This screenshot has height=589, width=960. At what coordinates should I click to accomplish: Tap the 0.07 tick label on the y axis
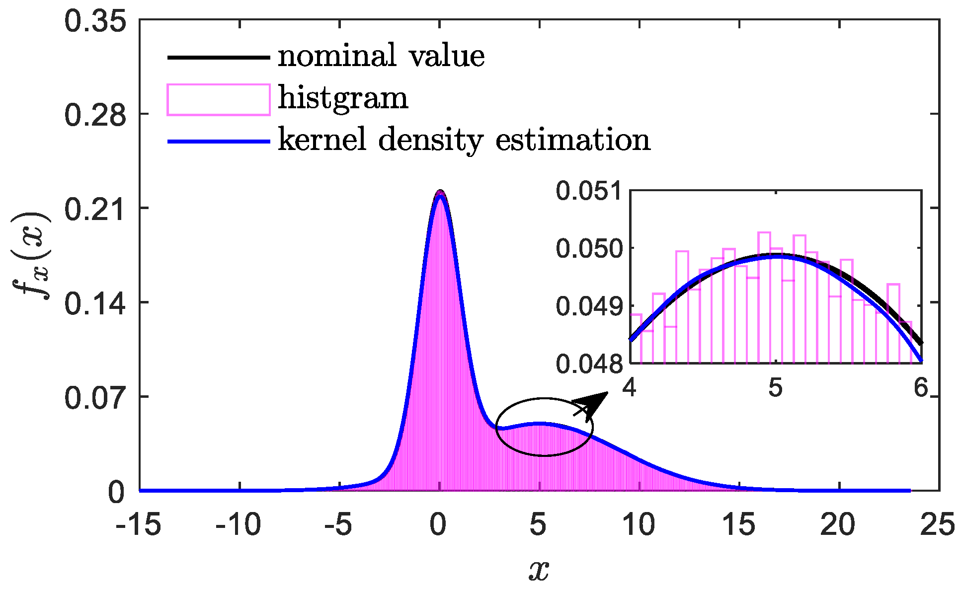coord(95,398)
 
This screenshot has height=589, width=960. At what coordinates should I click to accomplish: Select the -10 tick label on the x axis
coord(238,525)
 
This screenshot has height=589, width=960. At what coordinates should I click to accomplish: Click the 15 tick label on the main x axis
coord(739,525)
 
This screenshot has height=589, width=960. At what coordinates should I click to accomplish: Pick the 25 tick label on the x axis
coord(938,525)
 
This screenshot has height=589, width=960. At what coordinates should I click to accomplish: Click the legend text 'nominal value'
coord(381,56)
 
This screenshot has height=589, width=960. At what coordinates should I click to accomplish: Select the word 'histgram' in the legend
coord(343,98)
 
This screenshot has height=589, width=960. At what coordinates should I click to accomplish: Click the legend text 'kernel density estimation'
coord(464,140)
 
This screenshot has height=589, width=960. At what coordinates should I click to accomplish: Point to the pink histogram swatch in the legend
coord(219,100)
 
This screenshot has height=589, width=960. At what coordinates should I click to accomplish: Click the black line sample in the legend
coord(219,57)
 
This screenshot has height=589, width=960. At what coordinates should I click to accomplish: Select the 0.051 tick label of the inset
coord(589,191)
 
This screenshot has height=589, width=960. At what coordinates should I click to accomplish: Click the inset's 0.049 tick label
coord(589,306)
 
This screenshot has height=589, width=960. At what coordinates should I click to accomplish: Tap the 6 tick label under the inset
coord(920,388)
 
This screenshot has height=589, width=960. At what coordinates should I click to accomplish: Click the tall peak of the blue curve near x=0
coord(440,195)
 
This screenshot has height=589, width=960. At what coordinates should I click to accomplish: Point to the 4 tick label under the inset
coord(630,388)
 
